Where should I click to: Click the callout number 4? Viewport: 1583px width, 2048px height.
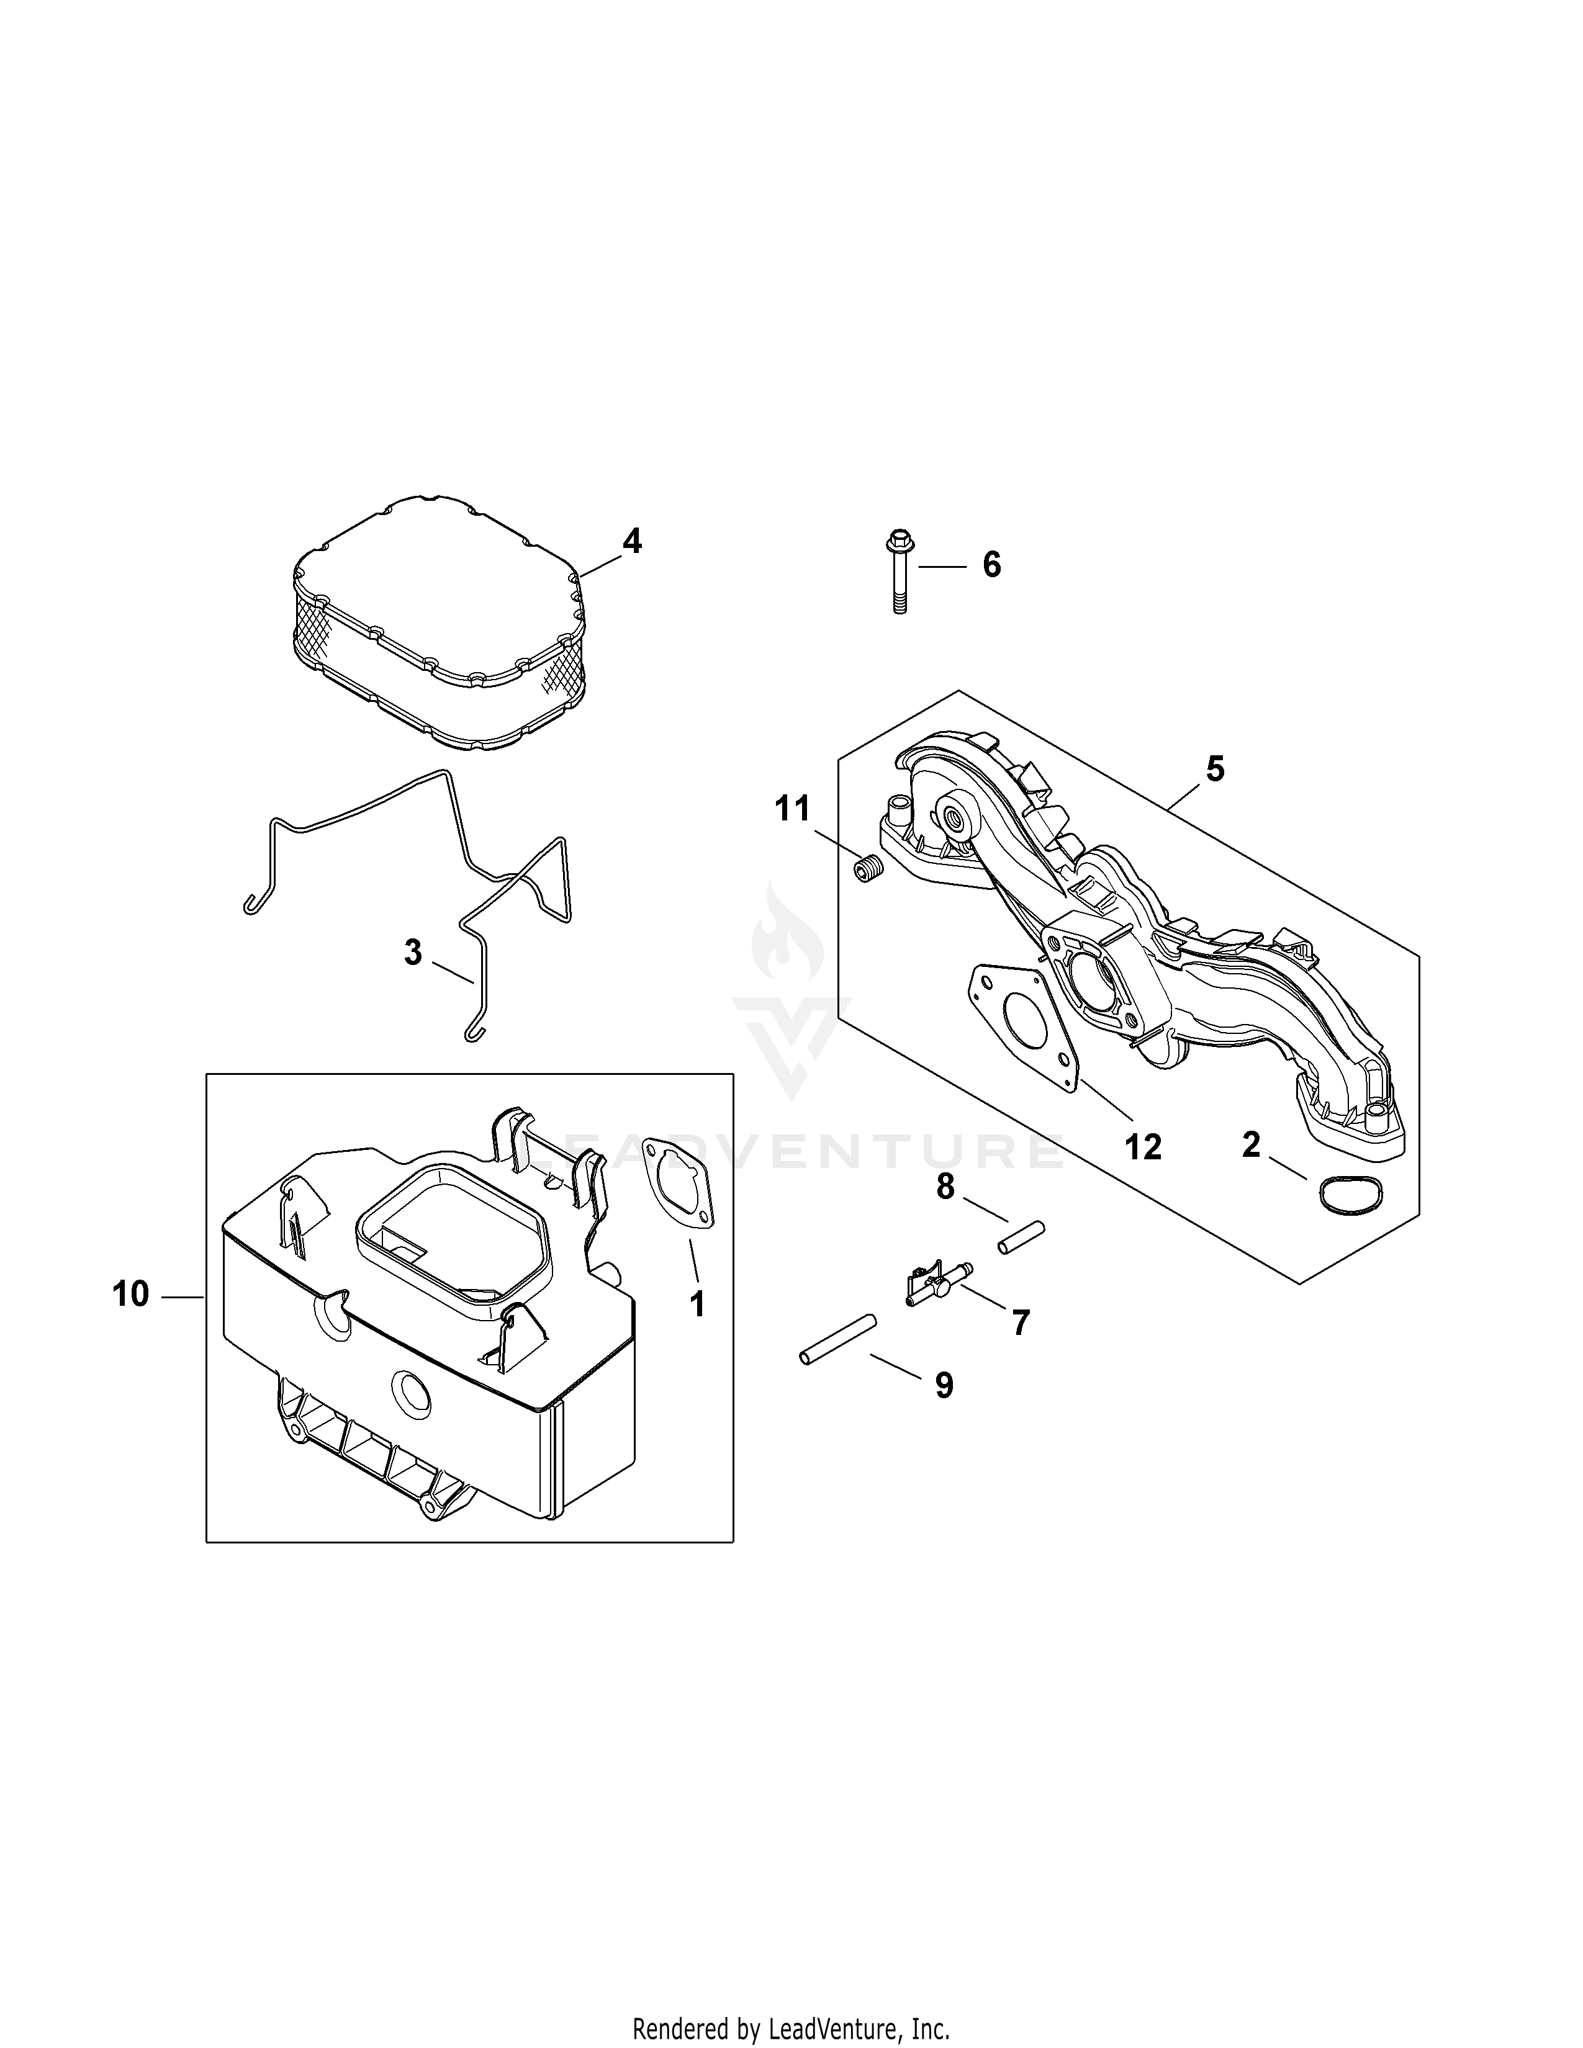(x=633, y=541)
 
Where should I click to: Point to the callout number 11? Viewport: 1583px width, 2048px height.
(x=793, y=808)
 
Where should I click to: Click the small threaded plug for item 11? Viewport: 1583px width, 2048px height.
(x=869, y=869)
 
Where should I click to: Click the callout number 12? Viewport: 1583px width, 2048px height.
(x=1143, y=1146)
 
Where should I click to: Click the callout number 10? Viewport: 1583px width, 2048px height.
(x=131, y=1294)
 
